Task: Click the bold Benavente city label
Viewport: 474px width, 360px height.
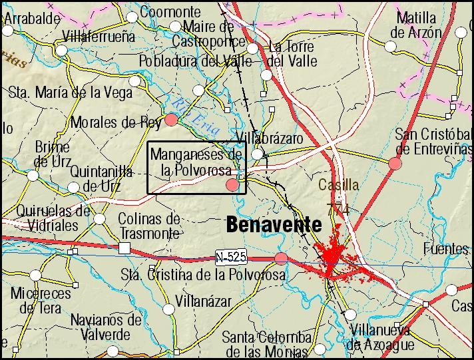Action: (x=274, y=225)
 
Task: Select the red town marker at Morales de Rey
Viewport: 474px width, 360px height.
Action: (x=171, y=120)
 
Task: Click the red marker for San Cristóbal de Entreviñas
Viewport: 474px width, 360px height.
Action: (x=395, y=163)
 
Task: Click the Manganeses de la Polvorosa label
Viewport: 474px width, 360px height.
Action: (x=196, y=162)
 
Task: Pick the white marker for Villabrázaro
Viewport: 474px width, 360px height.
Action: (x=257, y=154)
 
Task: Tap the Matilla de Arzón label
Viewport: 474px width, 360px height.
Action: (x=416, y=25)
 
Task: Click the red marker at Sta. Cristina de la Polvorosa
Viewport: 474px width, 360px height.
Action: (x=281, y=258)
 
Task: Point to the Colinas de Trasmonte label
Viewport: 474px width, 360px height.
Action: (x=149, y=226)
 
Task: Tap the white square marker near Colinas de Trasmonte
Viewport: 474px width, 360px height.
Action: (x=124, y=248)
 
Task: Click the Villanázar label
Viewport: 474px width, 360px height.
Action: (x=203, y=301)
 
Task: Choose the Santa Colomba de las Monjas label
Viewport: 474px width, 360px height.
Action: (x=266, y=343)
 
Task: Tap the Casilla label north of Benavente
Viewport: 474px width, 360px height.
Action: (x=338, y=185)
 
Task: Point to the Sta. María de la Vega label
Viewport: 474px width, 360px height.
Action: (x=71, y=92)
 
